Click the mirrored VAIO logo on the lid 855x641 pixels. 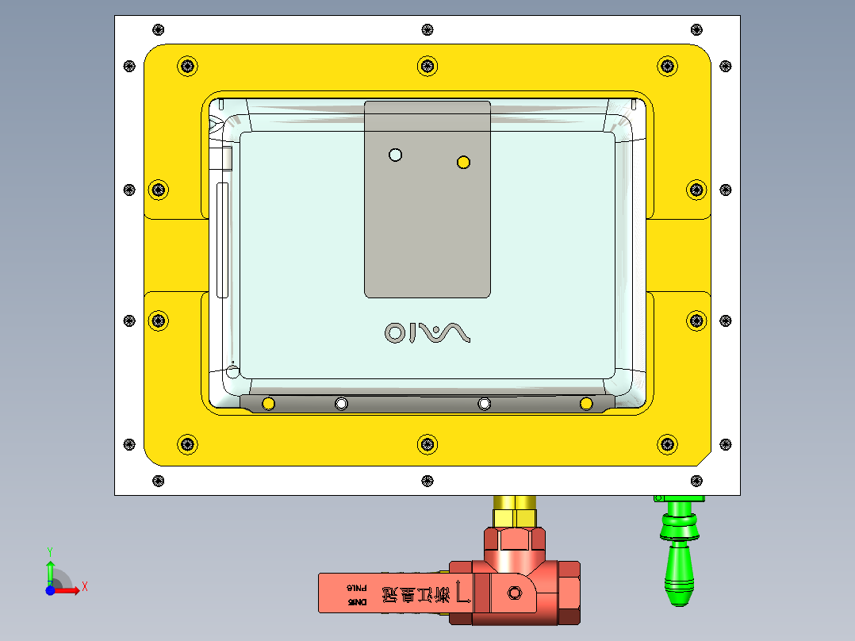[427, 332]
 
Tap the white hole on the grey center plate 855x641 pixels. [396, 155]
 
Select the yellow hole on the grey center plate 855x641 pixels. [464, 163]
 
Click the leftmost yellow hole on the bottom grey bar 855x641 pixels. [268, 404]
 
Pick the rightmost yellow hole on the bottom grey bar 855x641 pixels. [586, 404]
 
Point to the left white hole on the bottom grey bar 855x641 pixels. [341, 404]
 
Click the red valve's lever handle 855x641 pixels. [381, 593]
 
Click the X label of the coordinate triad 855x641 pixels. [85, 586]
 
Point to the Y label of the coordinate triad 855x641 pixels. [49, 550]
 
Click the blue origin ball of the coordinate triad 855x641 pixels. [50, 590]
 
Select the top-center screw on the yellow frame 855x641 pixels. [428, 66]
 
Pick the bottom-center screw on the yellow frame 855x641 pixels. [428, 444]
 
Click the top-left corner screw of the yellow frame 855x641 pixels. [187, 66]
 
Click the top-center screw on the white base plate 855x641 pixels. [428, 29]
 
